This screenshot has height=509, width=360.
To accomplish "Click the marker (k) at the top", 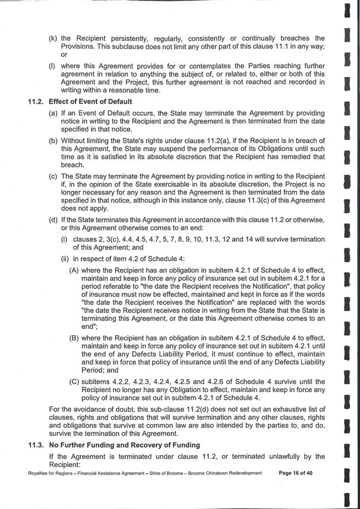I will (53, 38).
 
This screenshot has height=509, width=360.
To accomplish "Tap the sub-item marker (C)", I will (74, 381).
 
